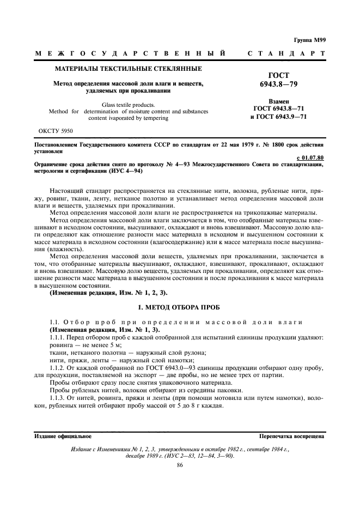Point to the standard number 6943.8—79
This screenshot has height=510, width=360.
(279, 84)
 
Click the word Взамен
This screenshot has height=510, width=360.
(279, 101)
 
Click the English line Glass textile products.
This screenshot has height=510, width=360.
(129, 104)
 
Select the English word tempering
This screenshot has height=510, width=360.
(156, 118)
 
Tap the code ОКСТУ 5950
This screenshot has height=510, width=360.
(56, 131)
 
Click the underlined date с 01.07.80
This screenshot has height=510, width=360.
(312, 157)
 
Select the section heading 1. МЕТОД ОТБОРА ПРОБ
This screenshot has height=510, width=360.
(179, 307)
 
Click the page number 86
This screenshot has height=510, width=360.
(180, 465)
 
